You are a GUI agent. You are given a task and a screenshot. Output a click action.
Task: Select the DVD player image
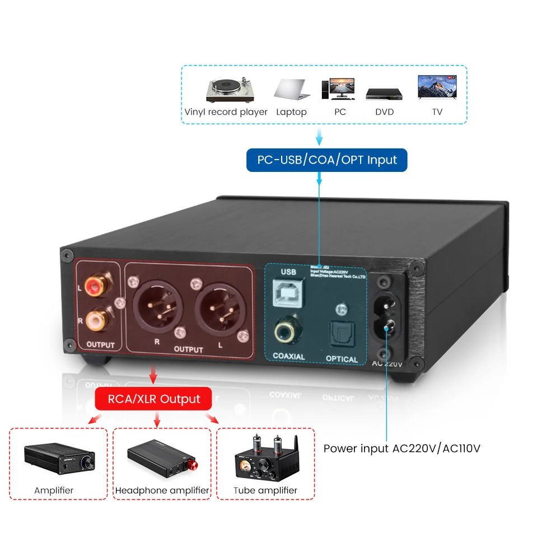[x=385, y=94]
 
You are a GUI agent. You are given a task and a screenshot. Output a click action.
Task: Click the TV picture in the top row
[x=437, y=88]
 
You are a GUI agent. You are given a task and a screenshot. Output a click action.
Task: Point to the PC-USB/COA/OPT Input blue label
[x=327, y=160]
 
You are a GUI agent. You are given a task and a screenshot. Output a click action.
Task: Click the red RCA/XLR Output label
[x=153, y=399]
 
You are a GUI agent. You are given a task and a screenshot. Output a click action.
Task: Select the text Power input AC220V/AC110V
[x=402, y=449]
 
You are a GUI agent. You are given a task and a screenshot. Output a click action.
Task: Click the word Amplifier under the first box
[x=54, y=491]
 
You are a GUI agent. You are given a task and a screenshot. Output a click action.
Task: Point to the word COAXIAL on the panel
[x=288, y=357]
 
